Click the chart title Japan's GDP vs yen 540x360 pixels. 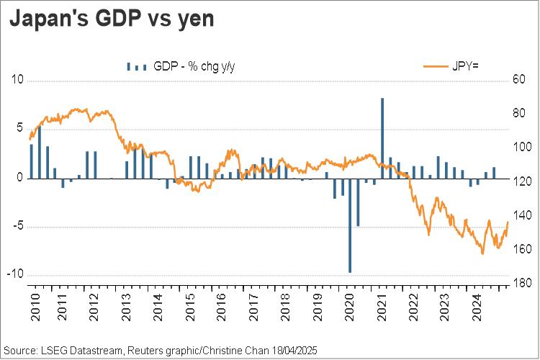coord(111,19)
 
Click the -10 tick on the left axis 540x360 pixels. coord(16,275)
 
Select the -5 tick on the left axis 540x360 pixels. coord(18,227)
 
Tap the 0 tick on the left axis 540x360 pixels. coord(20,178)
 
